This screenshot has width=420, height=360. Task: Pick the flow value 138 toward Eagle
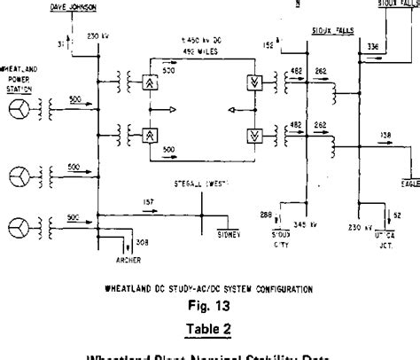(x=386, y=135)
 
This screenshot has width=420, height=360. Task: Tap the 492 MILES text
(x=198, y=51)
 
